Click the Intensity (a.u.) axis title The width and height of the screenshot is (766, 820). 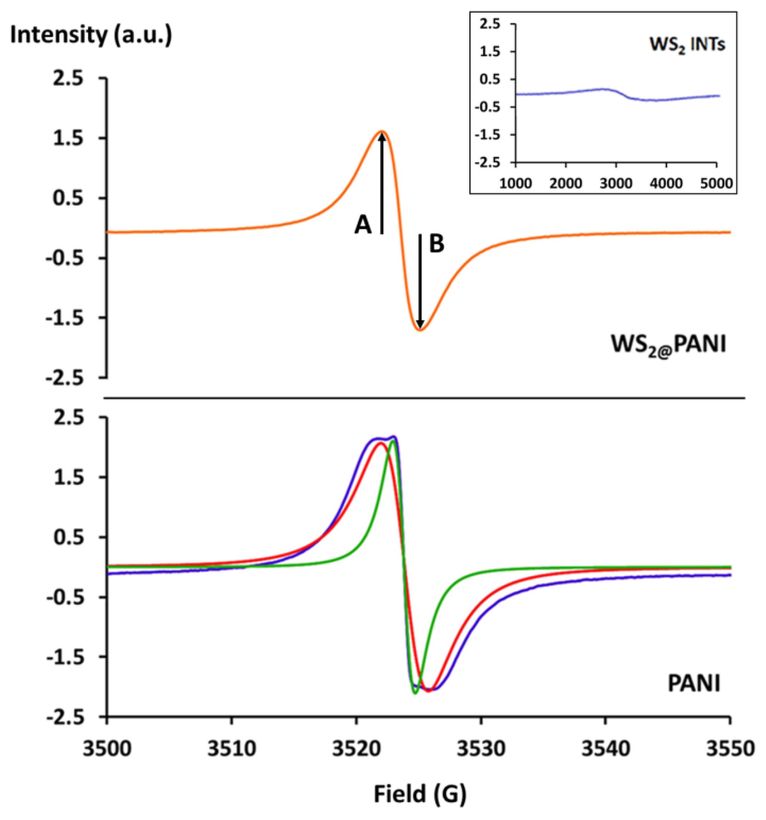tap(91, 35)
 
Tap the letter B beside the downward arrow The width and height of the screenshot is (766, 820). tap(437, 244)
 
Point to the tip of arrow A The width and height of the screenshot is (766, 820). tap(382, 134)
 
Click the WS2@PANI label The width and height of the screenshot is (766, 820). tap(668, 344)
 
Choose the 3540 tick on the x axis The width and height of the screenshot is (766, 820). tap(606, 748)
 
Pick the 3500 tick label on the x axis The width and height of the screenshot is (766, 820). tap(107, 748)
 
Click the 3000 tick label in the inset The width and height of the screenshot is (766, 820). tap(615, 183)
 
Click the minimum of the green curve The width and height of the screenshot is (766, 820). tap(415, 693)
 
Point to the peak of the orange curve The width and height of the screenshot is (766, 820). tap(382, 131)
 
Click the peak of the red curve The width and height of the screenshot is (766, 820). tap(380, 444)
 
